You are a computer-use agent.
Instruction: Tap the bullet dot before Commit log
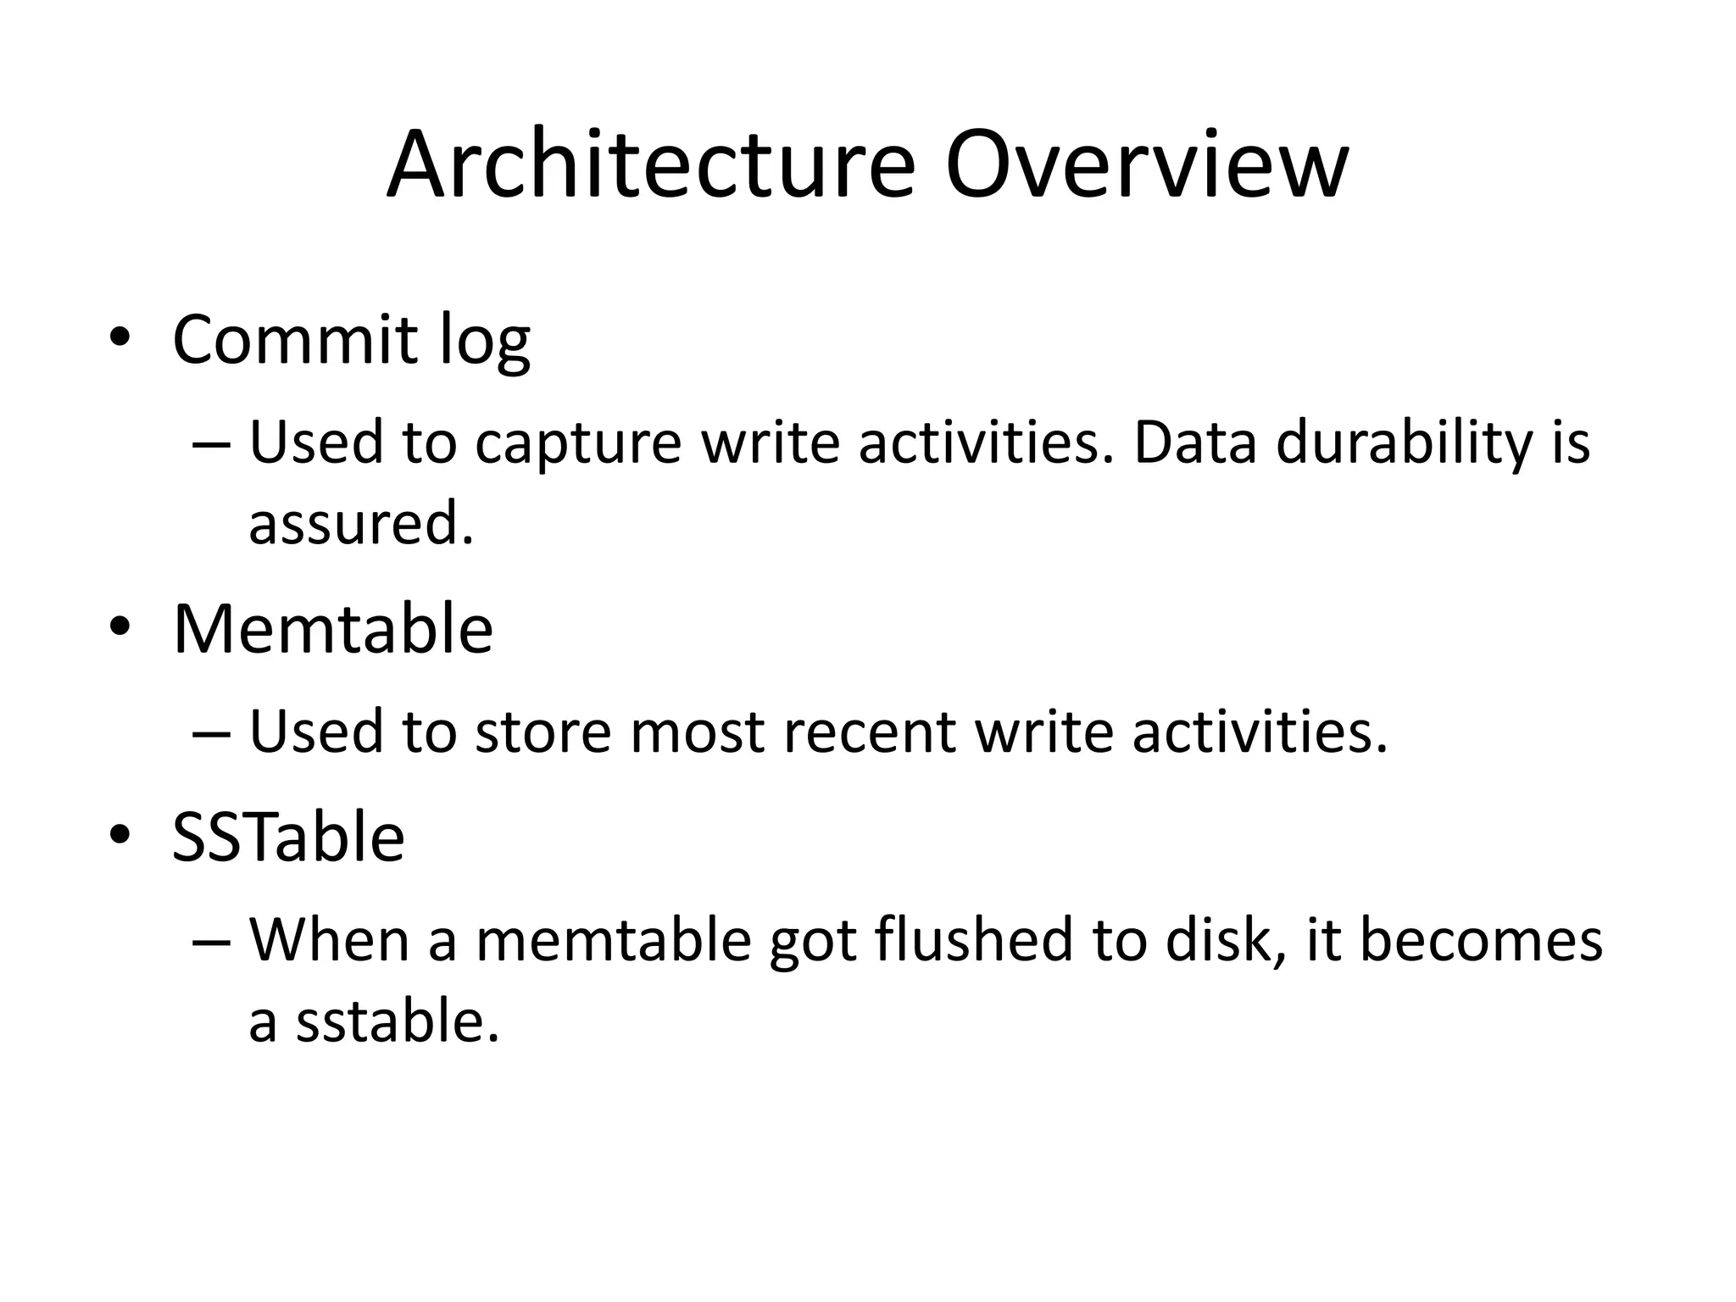point(120,337)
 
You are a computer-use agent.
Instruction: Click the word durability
point(1405,443)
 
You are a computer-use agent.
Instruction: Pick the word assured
point(360,523)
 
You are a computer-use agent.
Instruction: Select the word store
point(542,732)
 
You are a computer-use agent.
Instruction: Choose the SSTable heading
point(288,837)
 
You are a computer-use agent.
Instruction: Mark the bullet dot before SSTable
point(120,835)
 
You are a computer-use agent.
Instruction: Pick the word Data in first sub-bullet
point(1194,443)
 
